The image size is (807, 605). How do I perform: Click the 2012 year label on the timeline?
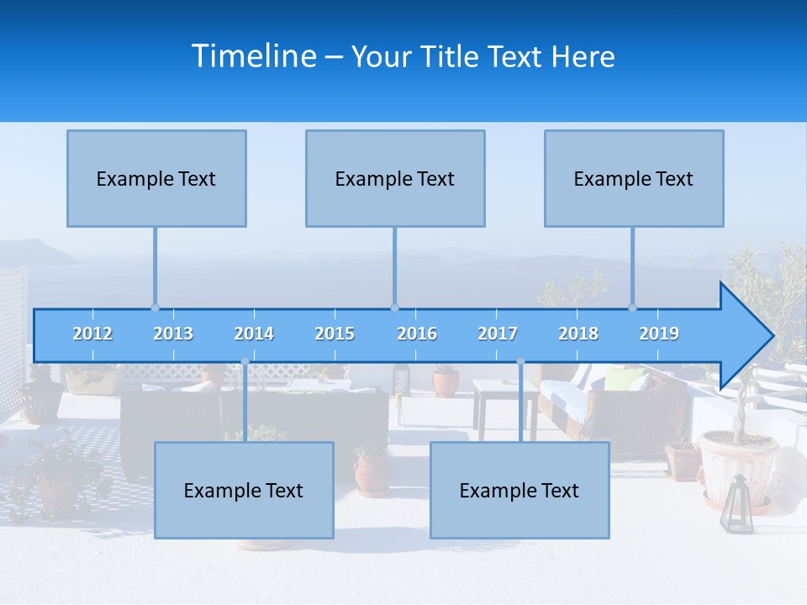pyautogui.click(x=92, y=334)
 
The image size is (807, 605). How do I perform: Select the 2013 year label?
pyautogui.click(x=173, y=334)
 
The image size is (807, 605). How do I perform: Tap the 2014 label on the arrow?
pyautogui.click(x=254, y=334)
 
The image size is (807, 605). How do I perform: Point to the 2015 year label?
pyautogui.click(x=335, y=334)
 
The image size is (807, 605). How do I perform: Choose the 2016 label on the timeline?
pyautogui.click(x=417, y=334)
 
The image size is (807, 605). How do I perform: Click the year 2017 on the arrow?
pyautogui.click(x=498, y=334)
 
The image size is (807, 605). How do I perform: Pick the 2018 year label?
pyautogui.click(x=578, y=334)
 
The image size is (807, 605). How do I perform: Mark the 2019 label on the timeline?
pyautogui.click(x=659, y=334)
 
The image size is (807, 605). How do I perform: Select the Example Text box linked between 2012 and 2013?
pyautogui.click(x=156, y=178)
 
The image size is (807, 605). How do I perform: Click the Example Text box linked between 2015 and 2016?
pyautogui.click(x=395, y=178)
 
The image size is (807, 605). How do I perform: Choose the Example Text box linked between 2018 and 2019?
pyautogui.click(x=634, y=178)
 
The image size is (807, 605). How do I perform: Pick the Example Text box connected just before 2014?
pyautogui.click(x=244, y=490)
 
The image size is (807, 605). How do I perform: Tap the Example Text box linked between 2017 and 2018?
pyautogui.click(x=520, y=490)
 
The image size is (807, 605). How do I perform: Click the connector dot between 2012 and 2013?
pyautogui.click(x=155, y=308)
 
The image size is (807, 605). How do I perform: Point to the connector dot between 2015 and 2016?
pyautogui.click(x=394, y=308)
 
